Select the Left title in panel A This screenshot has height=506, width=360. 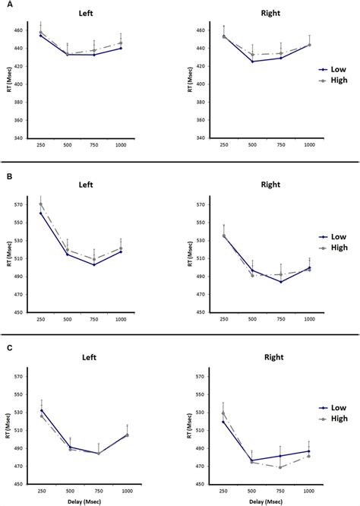pyautogui.click(x=80, y=14)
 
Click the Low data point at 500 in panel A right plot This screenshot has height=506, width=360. pyautogui.click(x=252, y=62)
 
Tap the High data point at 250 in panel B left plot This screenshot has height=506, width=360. pyautogui.click(x=41, y=204)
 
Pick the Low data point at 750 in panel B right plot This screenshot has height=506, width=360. pyautogui.click(x=281, y=282)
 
